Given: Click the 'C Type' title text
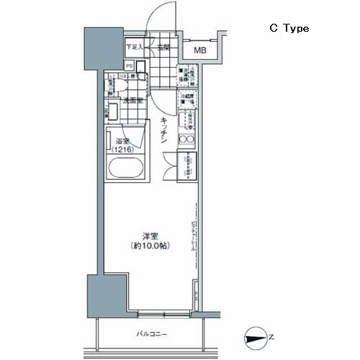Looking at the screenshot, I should point(289,28).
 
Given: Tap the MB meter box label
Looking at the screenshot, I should point(199,50).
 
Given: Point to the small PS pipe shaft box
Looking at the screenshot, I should point(130,64).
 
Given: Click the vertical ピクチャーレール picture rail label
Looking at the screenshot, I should point(193,238).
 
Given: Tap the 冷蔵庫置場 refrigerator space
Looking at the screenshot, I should point(186,101).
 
